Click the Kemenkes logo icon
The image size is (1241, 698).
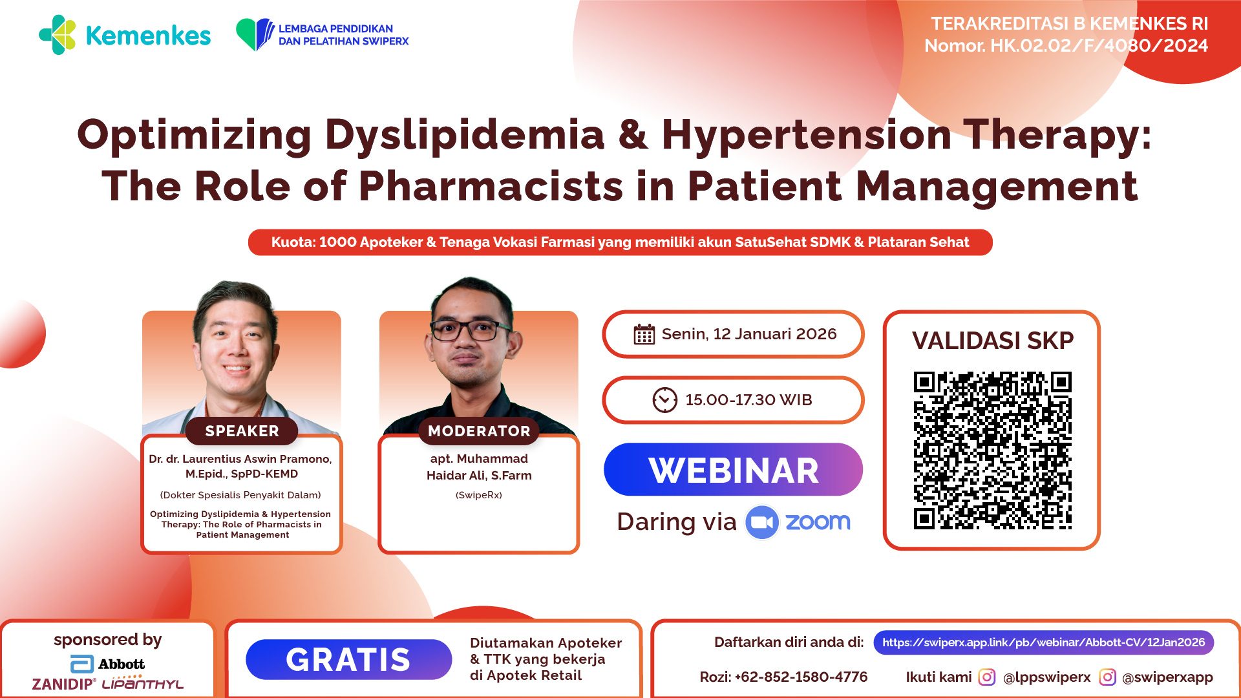coord(58,35)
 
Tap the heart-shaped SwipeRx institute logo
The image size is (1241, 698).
coord(255,34)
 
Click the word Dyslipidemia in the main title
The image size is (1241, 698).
coord(464,135)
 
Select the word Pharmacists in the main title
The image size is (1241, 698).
coord(491,187)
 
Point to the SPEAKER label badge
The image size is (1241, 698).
coord(242,431)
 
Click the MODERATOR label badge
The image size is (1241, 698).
coord(479,431)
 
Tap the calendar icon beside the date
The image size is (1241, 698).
coord(644,334)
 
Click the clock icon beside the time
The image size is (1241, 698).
coord(664,400)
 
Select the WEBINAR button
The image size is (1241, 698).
coord(733,470)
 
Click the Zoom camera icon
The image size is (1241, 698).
coord(762,522)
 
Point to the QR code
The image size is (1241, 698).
coord(992,450)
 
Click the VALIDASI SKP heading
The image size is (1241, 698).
coord(992,341)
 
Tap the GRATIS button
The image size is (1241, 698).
coord(348,660)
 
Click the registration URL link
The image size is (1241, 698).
coord(1043,642)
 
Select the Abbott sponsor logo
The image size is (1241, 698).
coord(107,664)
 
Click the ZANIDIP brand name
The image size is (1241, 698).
coord(63,684)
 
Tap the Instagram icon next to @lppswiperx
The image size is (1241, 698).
coord(986,677)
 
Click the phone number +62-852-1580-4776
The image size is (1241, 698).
coord(801,677)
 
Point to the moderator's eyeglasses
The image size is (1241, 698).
coord(471,330)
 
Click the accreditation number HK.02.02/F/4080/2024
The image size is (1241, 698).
coord(1099,46)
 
